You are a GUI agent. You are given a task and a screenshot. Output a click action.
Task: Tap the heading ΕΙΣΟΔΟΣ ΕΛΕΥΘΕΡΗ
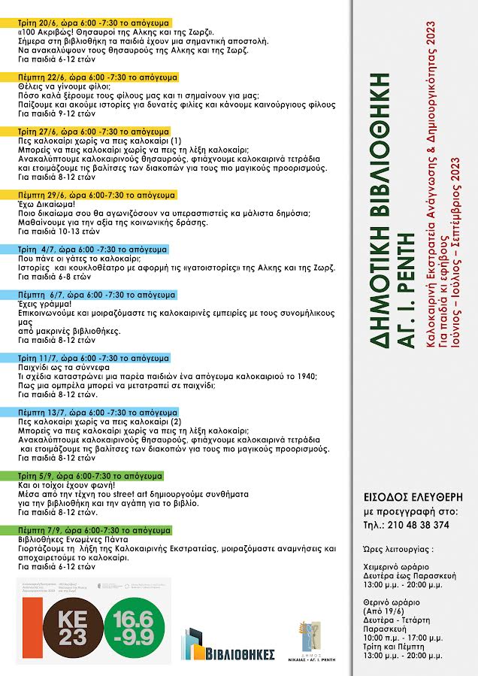(413, 496)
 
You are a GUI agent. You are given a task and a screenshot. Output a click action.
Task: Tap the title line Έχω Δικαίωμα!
(46, 203)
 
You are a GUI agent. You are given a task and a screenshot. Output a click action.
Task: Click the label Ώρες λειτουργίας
(395, 550)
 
